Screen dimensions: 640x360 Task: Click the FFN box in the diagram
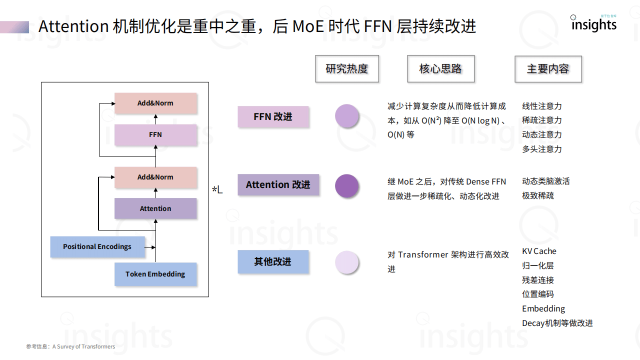click(155, 135)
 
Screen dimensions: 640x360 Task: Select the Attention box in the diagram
click(155, 208)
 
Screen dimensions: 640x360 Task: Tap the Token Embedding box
click(155, 274)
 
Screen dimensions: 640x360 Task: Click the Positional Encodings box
click(97, 246)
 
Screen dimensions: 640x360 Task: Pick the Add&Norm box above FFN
click(155, 103)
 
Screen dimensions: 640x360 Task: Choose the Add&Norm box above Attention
click(155, 177)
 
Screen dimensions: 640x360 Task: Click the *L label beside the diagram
click(217, 189)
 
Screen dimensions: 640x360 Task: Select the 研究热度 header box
click(347, 69)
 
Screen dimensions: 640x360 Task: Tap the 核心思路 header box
click(440, 69)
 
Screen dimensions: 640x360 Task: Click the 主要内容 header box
click(548, 69)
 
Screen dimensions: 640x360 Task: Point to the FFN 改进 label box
click(273, 116)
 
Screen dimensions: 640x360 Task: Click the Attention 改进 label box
click(278, 184)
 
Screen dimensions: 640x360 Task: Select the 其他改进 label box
click(273, 261)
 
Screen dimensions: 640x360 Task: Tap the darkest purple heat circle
click(346, 186)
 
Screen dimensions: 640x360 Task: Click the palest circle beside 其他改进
click(346, 262)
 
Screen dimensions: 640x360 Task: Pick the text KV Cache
click(539, 251)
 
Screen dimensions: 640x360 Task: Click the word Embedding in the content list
click(543, 308)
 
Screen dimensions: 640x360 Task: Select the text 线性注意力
click(541, 106)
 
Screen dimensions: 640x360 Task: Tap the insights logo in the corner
click(593, 23)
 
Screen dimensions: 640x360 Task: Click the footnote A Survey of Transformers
click(83, 346)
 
